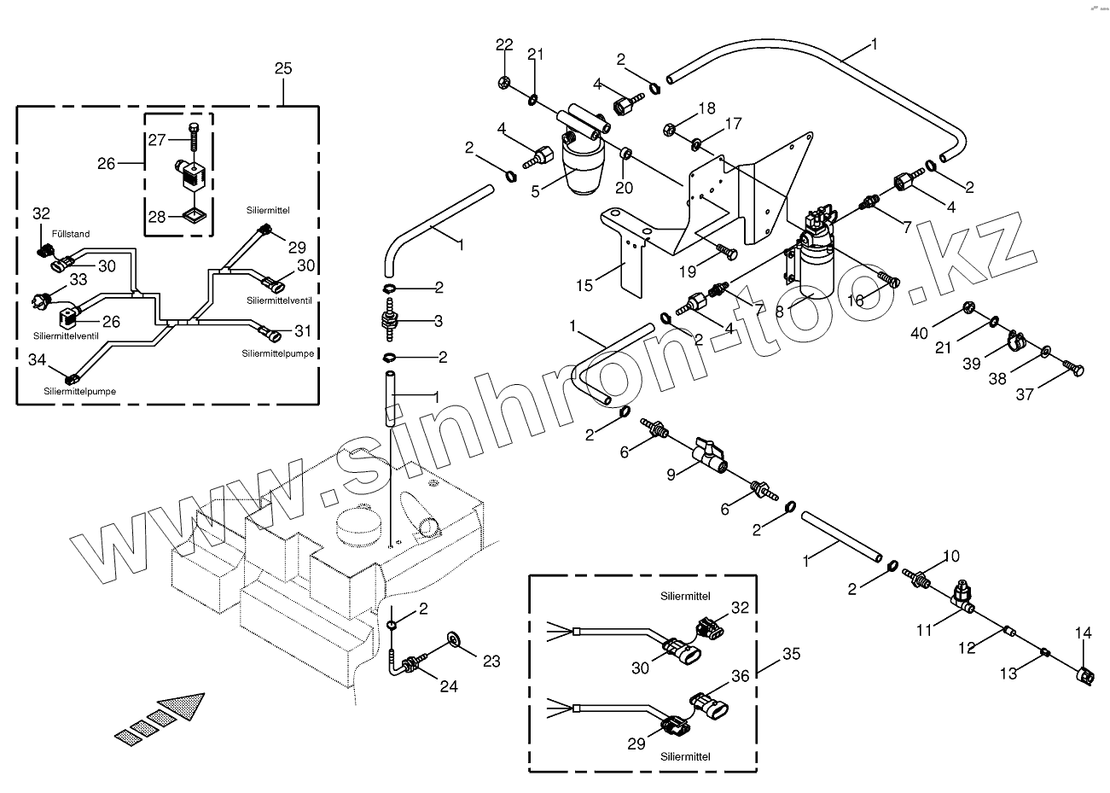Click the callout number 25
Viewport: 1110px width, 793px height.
click(x=283, y=69)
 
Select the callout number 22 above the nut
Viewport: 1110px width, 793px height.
click(x=504, y=45)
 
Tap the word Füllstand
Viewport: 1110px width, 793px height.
click(x=70, y=233)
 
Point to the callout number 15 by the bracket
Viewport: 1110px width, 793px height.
click(x=584, y=285)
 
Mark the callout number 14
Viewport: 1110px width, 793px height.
click(x=1083, y=633)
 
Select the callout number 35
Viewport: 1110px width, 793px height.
click(x=791, y=656)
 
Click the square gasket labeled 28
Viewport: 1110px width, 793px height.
click(x=196, y=215)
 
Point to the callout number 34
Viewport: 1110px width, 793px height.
click(x=38, y=361)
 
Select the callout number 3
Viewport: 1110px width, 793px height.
click(x=438, y=321)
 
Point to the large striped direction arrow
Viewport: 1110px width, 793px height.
click(x=163, y=715)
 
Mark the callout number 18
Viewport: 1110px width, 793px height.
click(x=706, y=108)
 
